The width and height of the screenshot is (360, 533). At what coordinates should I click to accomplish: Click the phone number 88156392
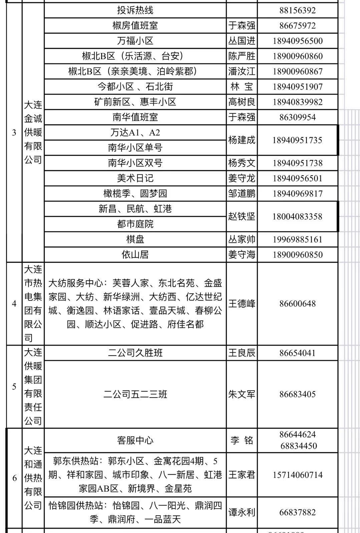coord(297,10)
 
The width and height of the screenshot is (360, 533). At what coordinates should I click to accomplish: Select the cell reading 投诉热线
coord(135,10)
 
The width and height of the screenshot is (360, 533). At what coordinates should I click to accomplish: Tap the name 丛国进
coord(242,41)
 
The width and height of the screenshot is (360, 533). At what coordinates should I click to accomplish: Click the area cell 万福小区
coord(135,41)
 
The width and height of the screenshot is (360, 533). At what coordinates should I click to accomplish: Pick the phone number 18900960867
coord(297,71)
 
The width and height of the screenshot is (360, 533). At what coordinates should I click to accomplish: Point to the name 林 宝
coord(242,87)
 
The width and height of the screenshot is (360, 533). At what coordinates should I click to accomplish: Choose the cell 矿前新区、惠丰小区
coord(135,102)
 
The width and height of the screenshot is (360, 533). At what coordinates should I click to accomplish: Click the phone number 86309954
coord(297,117)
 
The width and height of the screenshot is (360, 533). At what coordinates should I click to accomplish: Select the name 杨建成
coord(242,140)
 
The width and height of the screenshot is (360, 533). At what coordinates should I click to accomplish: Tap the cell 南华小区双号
coord(135,163)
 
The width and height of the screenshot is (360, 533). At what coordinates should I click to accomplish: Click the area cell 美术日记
coord(135,178)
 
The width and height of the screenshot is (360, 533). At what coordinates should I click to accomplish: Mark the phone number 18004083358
coord(297,217)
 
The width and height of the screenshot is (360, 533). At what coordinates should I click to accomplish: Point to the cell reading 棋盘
coord(135,239)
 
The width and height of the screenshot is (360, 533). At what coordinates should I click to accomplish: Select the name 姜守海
coord(242,255)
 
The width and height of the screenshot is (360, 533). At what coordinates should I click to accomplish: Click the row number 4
coord(14,303)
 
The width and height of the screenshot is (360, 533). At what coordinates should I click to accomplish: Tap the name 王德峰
coord(242,303)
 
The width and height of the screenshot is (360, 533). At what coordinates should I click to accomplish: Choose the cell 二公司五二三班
coord(135,394)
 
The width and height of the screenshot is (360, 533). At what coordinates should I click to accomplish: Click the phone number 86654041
coord(297,353)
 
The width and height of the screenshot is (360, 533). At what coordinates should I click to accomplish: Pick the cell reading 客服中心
coord(135,440)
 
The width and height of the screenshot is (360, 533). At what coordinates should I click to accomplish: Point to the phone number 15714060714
coord(297,475)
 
